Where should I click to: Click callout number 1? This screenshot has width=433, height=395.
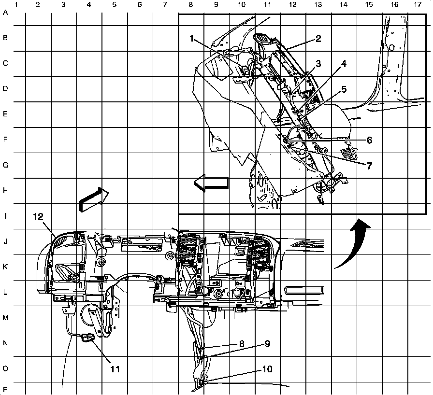(192, 38)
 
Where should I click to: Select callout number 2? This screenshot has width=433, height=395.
(318, 38)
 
